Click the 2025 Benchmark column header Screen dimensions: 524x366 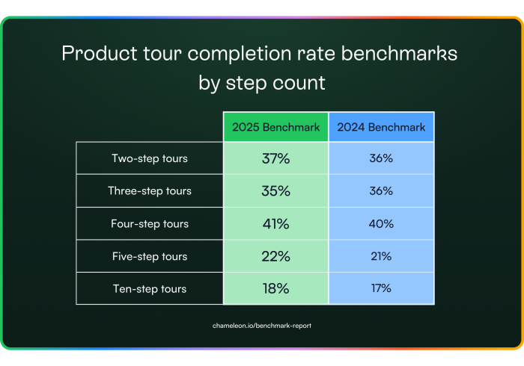[x=275, y=127]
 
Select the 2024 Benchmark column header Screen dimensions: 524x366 [x=381, y=127]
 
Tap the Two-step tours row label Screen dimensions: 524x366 [x=150, y=158]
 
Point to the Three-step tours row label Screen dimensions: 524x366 [x=150, y=191]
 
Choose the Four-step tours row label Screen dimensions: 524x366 [x=150, y=223]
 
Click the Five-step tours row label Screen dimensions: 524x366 [x=150, y=256]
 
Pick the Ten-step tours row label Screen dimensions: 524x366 [x=150, y=288]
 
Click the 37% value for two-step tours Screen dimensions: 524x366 [x=275, y=158]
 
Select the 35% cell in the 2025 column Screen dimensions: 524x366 [x=275, y=191]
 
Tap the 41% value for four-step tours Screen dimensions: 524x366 [x=275, y=223]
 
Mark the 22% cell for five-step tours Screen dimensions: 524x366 [x=275, y=256]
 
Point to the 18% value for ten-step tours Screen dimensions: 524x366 [x=275, y=288]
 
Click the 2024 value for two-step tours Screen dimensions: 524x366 [x=381, y=158]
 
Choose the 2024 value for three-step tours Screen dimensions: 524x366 [x=381, y=191]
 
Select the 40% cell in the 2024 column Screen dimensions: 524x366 [x=381, y=223]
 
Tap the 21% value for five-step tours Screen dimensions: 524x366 [x=381, y=256]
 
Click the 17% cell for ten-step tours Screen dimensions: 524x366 [x=381, y=288]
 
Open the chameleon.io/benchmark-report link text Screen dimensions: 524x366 [x=262, y=326]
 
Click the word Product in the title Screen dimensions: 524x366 [x=100, y=53]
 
